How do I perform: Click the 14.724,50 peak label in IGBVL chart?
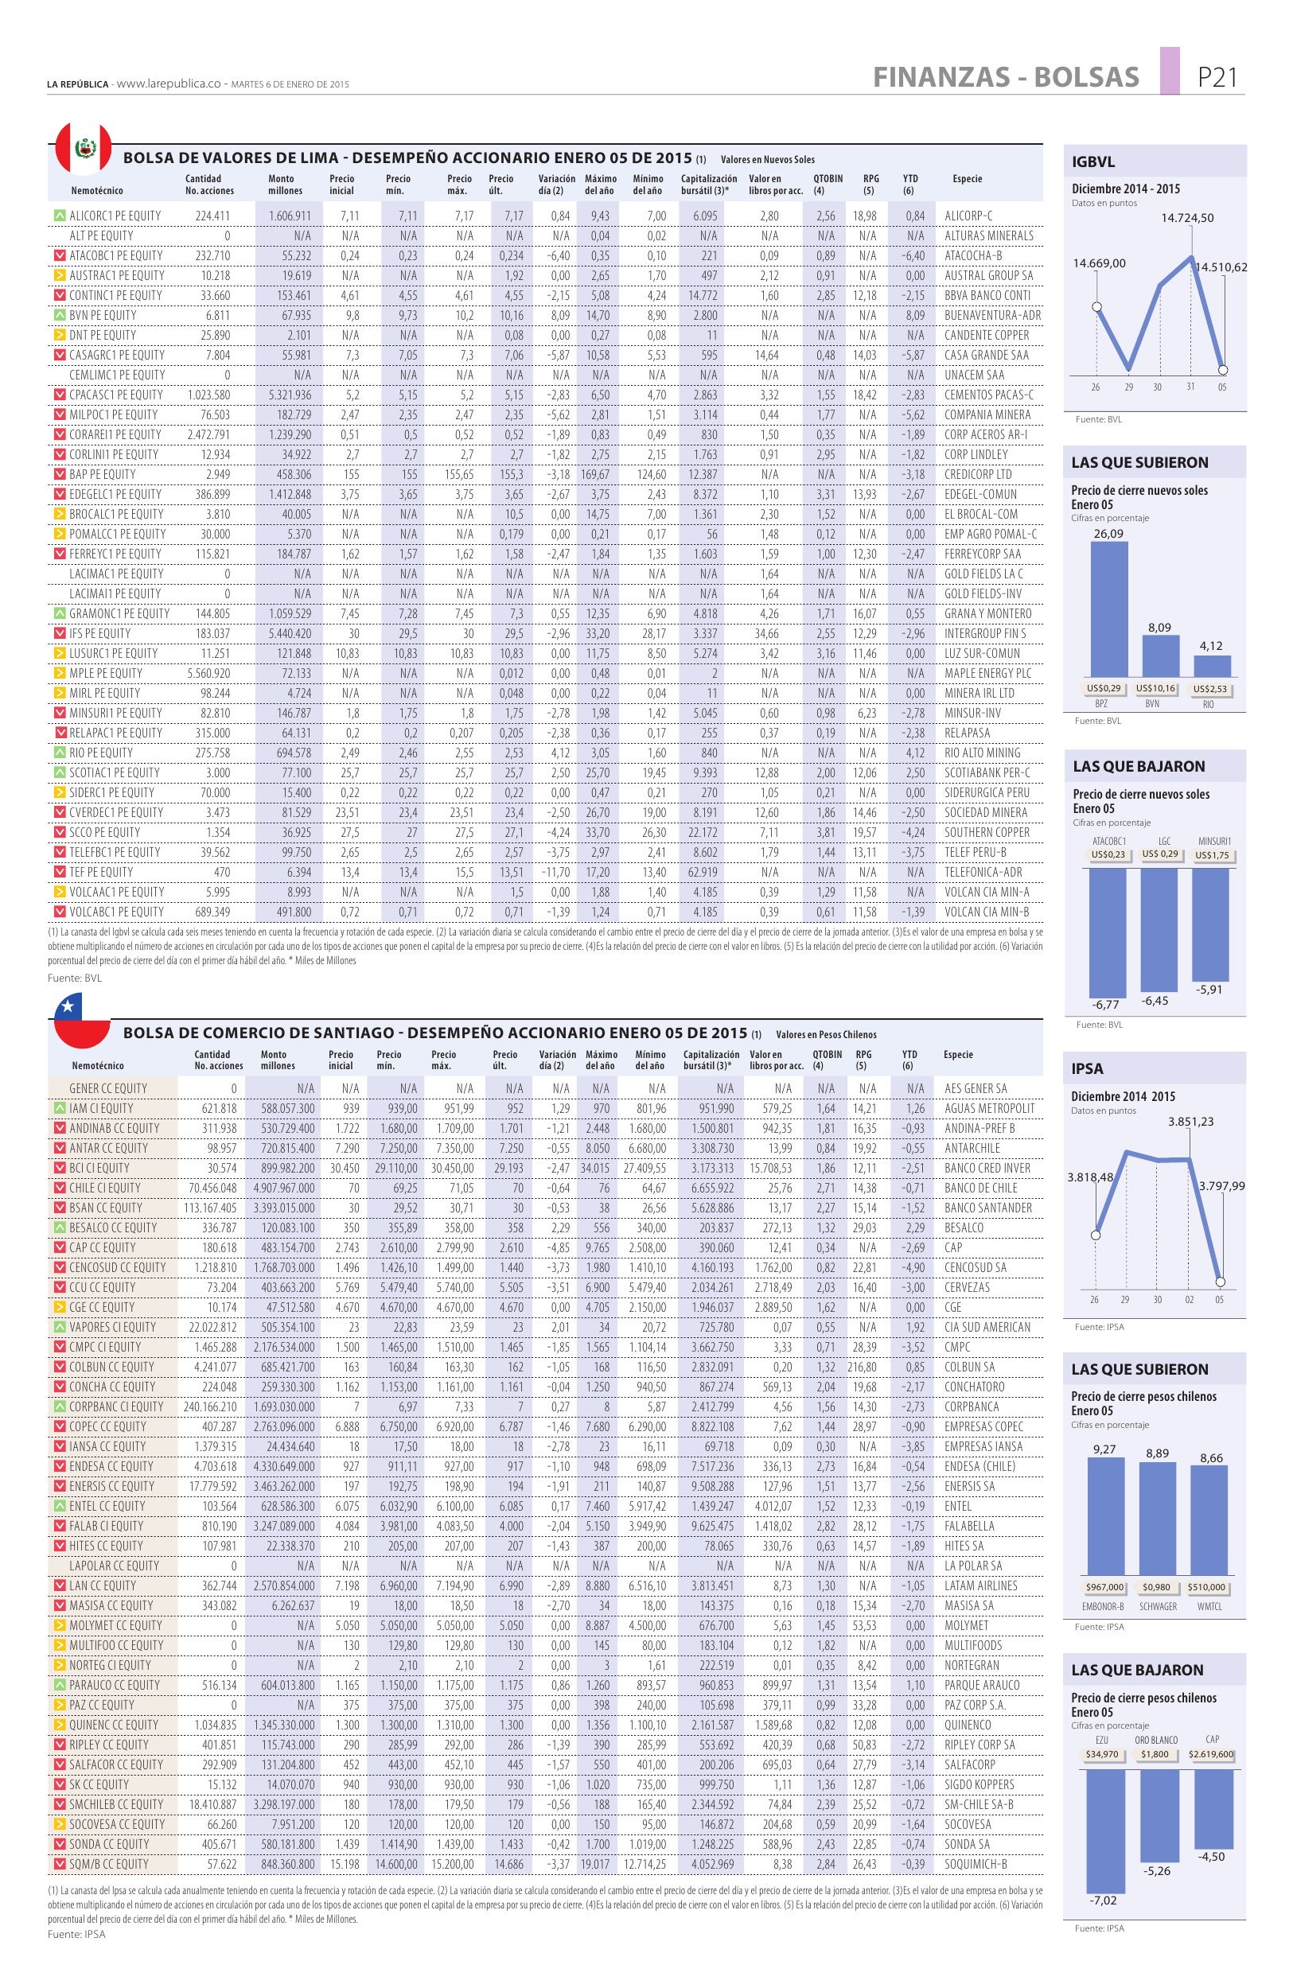tap(1187, 218)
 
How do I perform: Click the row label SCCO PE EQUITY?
tap(105, 832)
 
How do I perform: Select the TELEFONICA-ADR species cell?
tap(983, 872)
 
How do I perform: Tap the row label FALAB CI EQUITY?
tap(106, 1526)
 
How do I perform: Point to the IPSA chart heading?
tap(1087, 1068)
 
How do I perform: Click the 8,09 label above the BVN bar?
tap(1159, 628)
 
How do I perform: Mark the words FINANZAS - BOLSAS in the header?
tap(1006, 78)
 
